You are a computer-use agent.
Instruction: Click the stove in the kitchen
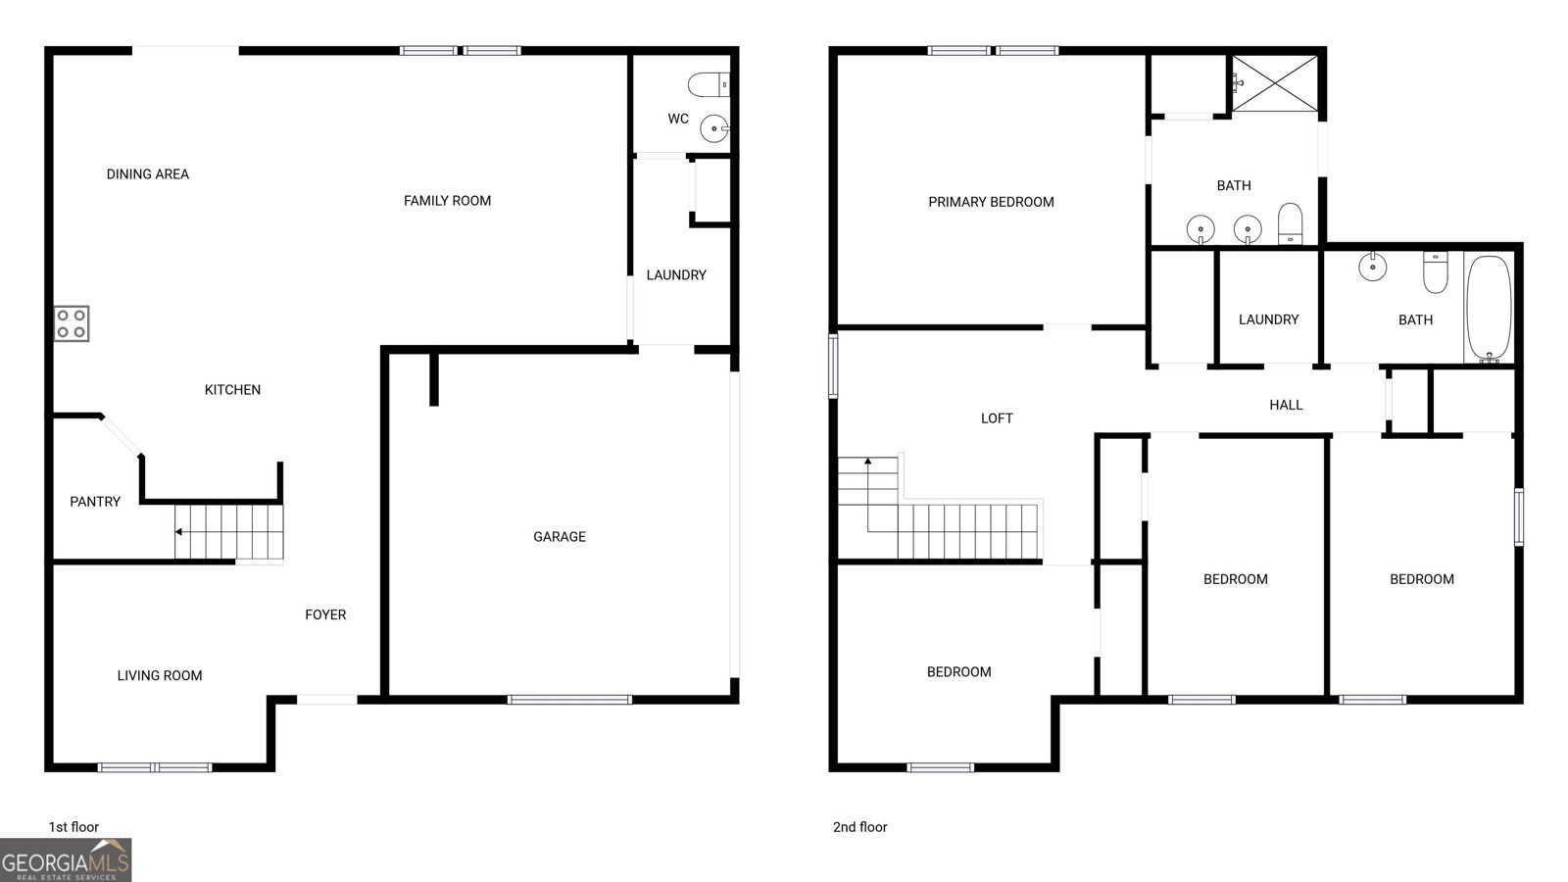(73, 323)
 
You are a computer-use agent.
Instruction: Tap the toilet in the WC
(709, 84)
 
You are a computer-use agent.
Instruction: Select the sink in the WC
(714, 128)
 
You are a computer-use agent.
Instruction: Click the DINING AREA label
(148, 174)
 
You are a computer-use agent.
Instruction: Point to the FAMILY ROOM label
(447, 201)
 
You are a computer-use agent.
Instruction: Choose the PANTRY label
(95, 501)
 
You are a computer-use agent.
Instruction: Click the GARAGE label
(560, 537)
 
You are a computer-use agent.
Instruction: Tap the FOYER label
(325, 614)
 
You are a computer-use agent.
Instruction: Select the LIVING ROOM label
(160, 675)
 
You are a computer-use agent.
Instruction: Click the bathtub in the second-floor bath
(1489, 309)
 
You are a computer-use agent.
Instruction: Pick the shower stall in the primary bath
(1275, 83)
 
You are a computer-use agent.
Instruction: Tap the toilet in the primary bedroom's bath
(1290, 223)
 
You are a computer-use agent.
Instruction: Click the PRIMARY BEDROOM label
(991, 202)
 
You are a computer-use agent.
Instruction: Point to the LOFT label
(997, 418)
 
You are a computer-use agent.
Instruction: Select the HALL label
(1286, 405)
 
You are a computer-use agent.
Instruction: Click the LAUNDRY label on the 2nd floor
(1268, 319)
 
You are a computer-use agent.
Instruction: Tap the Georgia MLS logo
(66, 860)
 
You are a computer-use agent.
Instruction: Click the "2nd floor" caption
(859, 827)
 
